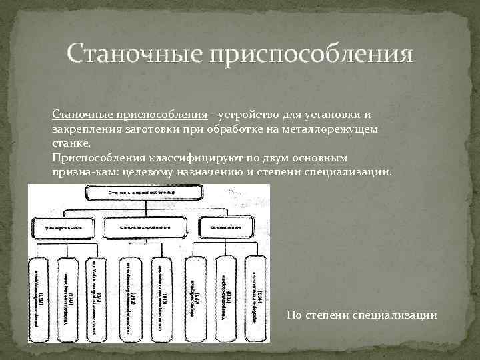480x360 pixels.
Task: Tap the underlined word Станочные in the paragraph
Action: (83, 114)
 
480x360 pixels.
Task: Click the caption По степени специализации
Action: (361, 315)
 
